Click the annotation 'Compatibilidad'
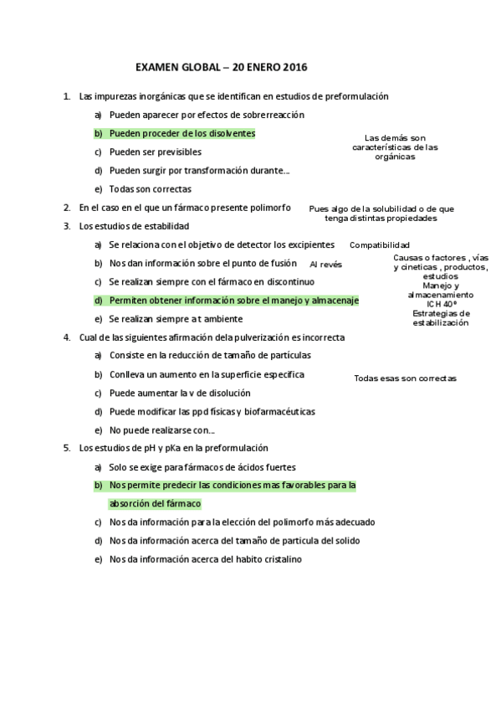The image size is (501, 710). click(x=380, y=245)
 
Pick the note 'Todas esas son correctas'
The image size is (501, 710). click(x=405, y=378)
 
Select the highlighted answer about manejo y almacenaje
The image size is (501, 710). click(x=233, y=300)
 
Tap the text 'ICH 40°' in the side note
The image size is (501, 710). click(x=441, y=304)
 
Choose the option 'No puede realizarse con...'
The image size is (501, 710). click(x=161, y=430)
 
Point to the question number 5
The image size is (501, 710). click(x=66, y=448)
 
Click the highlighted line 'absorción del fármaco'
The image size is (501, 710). click(x=156, y=503)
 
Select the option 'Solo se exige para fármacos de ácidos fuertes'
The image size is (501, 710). click(x=202, y=466)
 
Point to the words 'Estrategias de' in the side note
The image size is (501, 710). click(x=441, y=313)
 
